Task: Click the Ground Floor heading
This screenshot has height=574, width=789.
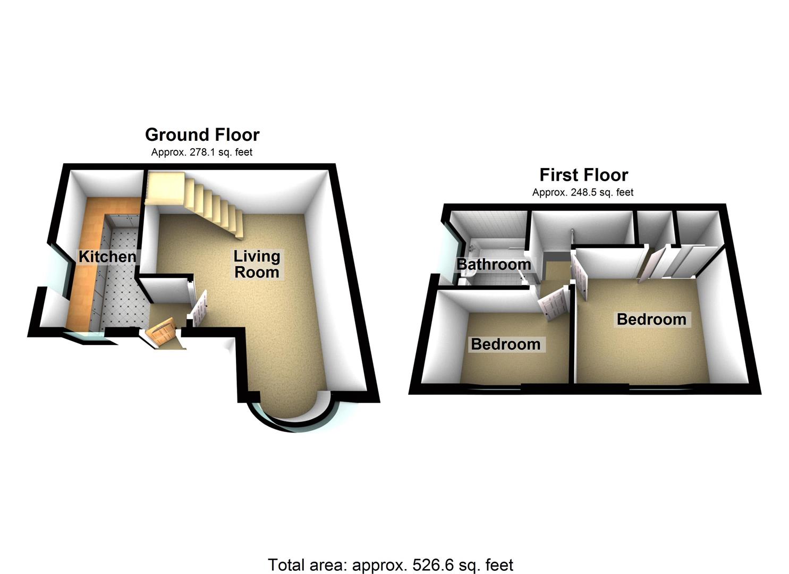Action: pyautogui.click(x=202, y=135)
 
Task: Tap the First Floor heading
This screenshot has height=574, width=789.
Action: pyautogui.click(x=583, y=175)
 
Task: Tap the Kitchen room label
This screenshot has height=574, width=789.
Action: pyautogui.click(x=107, y=257)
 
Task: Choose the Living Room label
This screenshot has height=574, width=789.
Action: pyautogui.click(x=257, y=264)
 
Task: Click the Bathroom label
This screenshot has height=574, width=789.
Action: pyautogui.click(x=494, y=264)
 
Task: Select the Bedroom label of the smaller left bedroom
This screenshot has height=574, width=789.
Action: pyautogui.click(x=505, y=344)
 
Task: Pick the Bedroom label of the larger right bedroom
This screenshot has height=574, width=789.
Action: pyautogui.click(x=651, y=319)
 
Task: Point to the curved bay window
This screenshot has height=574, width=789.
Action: pyautogui.click(x=292, y=423)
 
